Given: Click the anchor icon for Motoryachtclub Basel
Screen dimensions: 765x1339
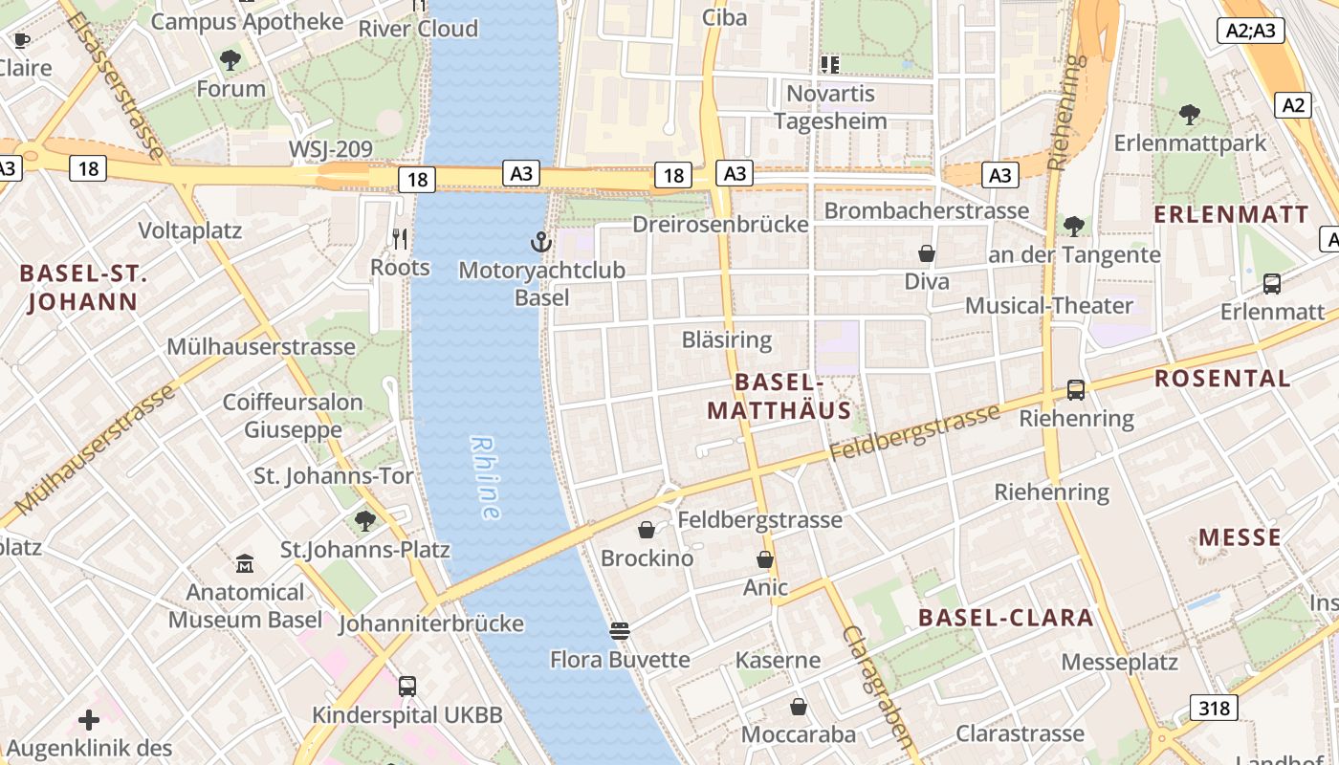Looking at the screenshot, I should click(x=541, y=242).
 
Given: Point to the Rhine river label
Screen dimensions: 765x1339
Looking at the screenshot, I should click(x=486, y=478).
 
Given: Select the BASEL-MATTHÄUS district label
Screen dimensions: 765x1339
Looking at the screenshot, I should click(x=779, y=396).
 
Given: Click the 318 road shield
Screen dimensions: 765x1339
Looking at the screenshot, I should click(x=1215, y=708).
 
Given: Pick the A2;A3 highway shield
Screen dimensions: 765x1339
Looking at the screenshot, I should click(x=1251, y=31).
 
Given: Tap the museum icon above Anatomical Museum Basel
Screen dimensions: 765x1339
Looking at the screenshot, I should click(x=245, y=564).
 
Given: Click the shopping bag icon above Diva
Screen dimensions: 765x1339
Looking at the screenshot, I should click(x=926, y=253).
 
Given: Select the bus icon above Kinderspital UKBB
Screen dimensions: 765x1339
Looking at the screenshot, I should click(x=407, y=686).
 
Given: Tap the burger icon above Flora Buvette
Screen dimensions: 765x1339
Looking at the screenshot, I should click(x=620, y=630).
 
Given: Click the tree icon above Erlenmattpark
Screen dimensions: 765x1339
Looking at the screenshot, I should click(x=1190, y=115).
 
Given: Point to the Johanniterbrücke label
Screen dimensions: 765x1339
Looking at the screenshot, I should click(x=431, y=623).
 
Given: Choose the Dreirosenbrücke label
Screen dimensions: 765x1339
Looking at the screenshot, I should click(x=720, y=225).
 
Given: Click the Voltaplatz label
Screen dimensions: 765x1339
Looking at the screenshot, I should click(x=190, y=230).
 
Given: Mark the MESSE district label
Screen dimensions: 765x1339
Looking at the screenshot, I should click(x=1240, y=537).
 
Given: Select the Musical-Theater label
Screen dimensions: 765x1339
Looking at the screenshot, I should click(x=1048, y=306).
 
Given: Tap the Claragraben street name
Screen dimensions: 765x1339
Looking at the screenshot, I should click(x=878, y=686).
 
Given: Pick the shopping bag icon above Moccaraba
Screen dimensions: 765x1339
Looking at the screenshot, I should click(x=799, y=707).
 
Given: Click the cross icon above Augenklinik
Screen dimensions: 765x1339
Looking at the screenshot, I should click(x=89, y=719).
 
